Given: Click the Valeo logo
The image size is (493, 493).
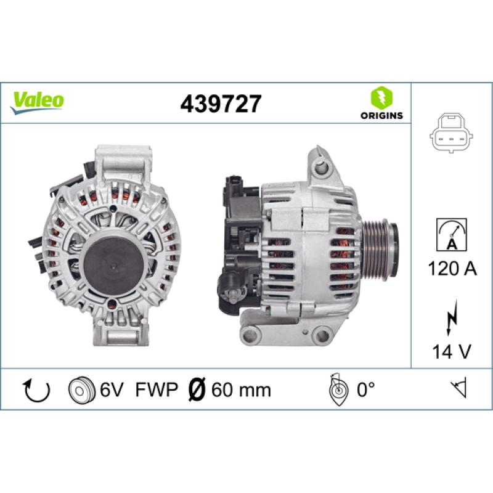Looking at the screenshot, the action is [37, 102].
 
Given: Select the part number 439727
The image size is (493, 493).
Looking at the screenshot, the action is [221, 104].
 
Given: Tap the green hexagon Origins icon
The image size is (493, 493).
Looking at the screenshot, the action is [381, 97].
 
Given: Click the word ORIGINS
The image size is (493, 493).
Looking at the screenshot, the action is [381, 115].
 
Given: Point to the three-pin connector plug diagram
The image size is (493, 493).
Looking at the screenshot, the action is [452, 133].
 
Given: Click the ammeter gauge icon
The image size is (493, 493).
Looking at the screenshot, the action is [452, 235].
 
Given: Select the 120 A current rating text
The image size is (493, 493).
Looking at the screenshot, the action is [452, 269].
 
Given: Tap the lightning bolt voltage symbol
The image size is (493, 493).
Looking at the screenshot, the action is [452, 318].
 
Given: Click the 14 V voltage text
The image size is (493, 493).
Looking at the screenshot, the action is [452, 351].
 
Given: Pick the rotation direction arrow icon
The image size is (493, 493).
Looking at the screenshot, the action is [37, 391].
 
